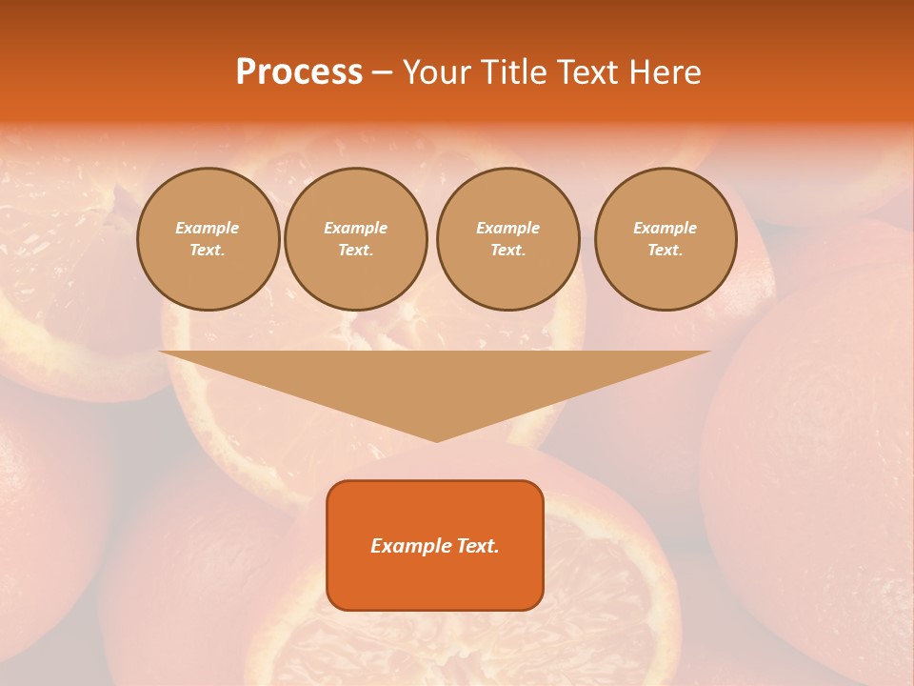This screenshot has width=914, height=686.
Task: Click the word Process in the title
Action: coord(299,71)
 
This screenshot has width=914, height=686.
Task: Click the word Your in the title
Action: coord(437,71)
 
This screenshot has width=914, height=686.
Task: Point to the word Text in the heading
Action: coord(588,71)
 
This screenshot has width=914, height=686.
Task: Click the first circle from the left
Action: coord(208,239)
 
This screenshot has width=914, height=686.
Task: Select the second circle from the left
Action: coord(355,239)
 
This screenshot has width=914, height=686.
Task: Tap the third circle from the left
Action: coord(507,239)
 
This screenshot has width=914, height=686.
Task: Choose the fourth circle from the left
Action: coord(665,239)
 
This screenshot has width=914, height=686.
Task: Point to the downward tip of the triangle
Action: coord(436,439)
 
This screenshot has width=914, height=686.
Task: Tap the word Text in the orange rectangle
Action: coord(476,546)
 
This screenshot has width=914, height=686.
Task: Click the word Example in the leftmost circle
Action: coord(208,228)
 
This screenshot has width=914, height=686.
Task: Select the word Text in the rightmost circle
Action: coord(665,251)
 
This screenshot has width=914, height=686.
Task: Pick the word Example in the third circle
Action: coord(507,228)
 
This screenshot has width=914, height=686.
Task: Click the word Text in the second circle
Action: coord(355,251)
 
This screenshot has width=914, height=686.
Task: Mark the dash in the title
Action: coord(382,71)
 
